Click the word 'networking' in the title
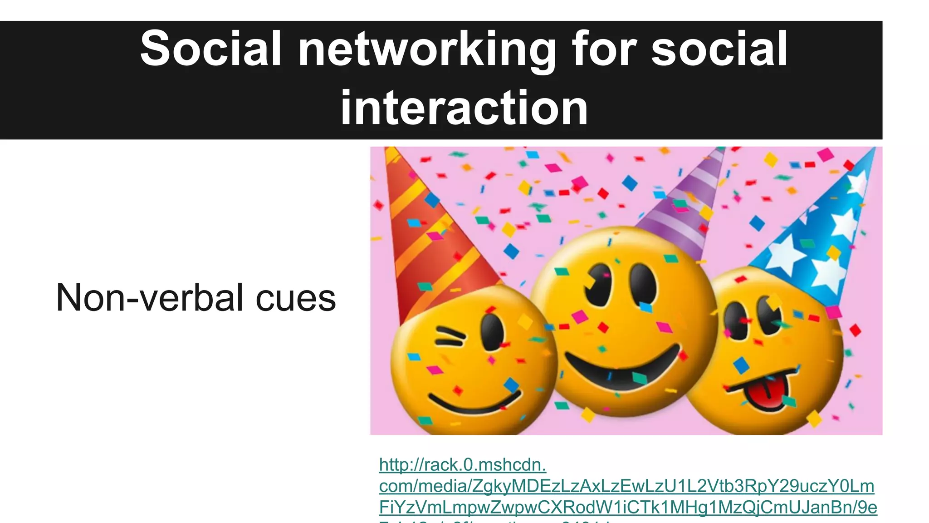426,49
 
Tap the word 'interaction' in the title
464,108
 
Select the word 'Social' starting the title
210,48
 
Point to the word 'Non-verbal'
150,298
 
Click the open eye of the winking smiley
492,331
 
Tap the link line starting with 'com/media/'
626,486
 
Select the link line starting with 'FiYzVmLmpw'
628,508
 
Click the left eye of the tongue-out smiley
736,320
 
